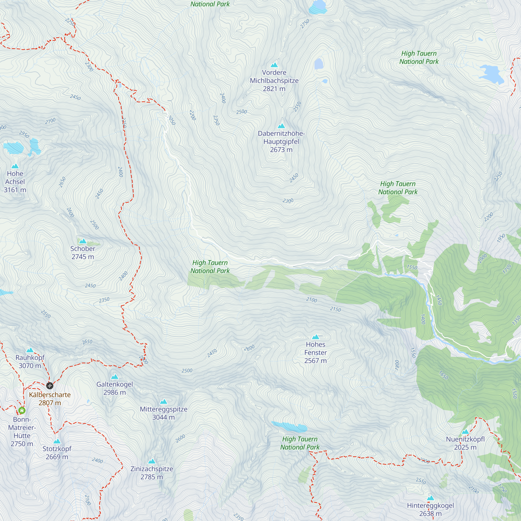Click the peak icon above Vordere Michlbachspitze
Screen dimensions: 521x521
tap(274, 65)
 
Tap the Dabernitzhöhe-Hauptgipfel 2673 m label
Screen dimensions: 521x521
tap(281, 141)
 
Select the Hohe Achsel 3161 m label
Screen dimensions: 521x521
tap(15, 182)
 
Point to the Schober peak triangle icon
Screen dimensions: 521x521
tap(83, 241)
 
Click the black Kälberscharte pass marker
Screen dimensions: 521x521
tap(49, 386)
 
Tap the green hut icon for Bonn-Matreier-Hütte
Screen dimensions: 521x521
tap(22, 411)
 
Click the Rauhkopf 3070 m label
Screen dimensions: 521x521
tap(30, 362)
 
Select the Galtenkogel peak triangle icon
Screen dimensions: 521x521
tap(115, 377)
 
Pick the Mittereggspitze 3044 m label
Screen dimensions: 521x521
tap(163, 413)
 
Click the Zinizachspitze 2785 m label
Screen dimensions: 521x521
tap(152, 473)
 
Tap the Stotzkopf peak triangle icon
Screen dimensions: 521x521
tap(57, 442)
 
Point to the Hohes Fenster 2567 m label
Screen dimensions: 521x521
tap(315, 352)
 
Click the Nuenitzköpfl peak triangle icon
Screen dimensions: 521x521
tap(465, 432)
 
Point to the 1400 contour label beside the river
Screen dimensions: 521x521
tap(423, 319)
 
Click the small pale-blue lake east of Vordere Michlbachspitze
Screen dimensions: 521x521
tap(319, 64)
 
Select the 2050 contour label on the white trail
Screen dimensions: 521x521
tap(171, 120)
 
